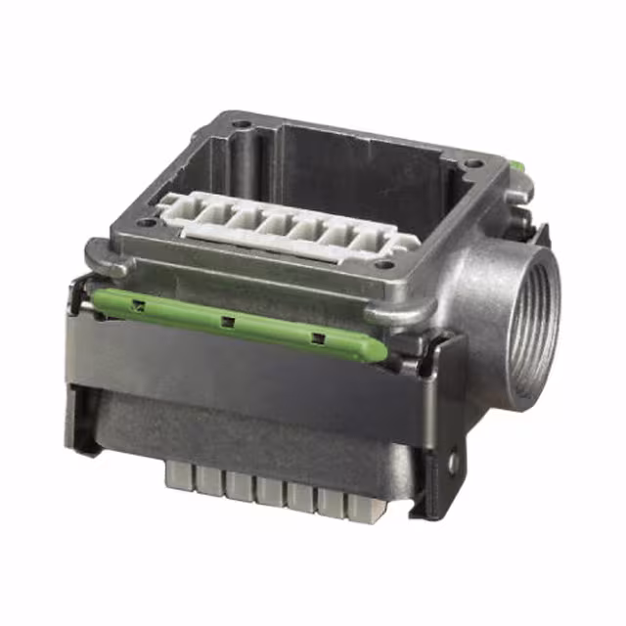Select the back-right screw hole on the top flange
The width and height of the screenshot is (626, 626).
(x=473, y=162)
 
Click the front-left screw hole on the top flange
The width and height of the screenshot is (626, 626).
(x=147, y=223)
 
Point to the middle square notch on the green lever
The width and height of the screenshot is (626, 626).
(x=227, y=321)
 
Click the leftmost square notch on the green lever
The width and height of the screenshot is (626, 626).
(x=139, y=305)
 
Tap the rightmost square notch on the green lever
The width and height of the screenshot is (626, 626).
(x=317, y=338)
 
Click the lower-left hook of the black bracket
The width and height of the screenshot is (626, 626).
(x=84, y=440)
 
